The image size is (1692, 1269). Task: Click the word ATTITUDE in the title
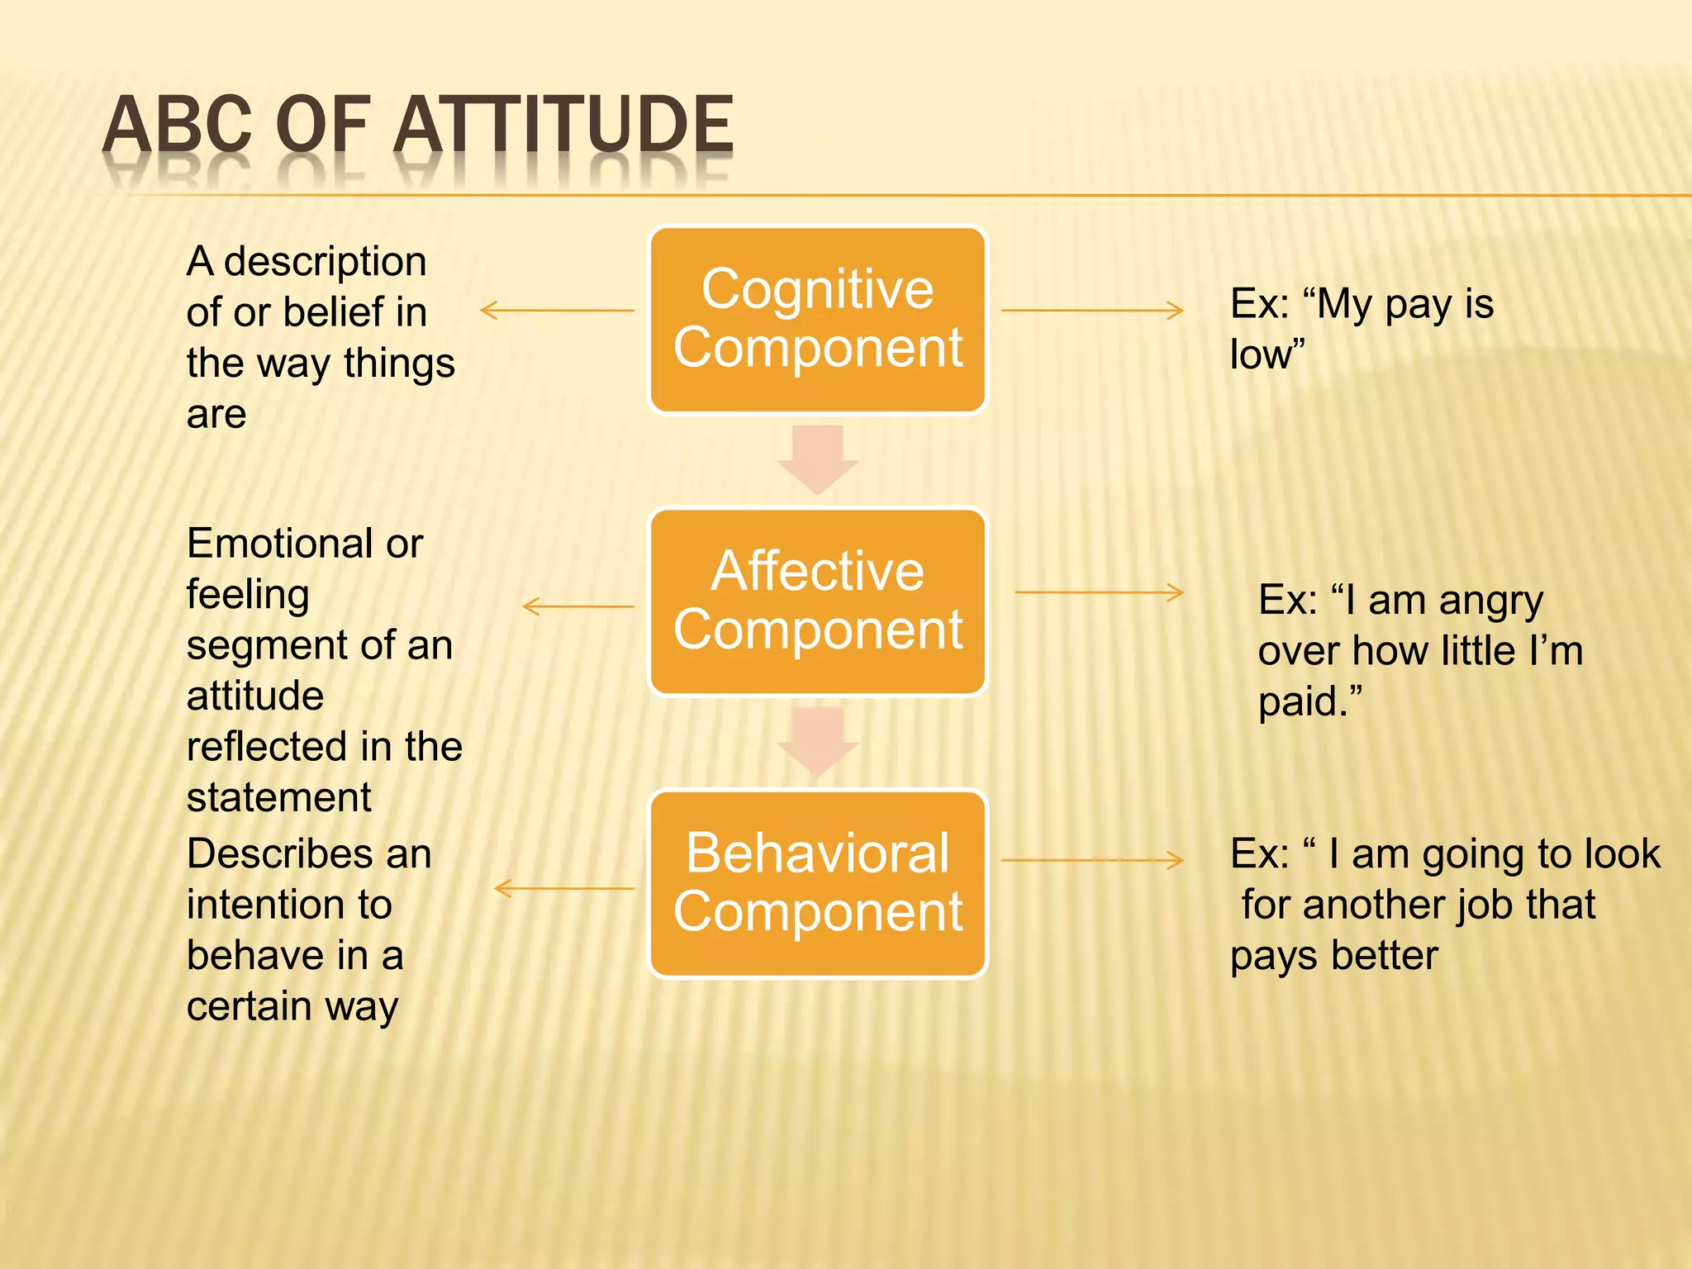(563, 126)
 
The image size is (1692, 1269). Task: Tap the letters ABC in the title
(177, 126)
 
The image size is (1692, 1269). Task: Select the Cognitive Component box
(817, 319)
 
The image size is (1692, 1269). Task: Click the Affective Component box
(817, 601)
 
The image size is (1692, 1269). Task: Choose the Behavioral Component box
(817, 883)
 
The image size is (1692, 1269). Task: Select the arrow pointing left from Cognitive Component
(557, 311)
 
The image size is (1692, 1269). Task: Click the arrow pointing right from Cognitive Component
(1091, 311)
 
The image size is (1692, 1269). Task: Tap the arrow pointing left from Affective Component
(578, 606)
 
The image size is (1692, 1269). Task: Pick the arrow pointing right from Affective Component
(1099, 592)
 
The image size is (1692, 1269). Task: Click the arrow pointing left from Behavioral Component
(564, 889)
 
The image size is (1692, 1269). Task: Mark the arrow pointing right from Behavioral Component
(1091, 861)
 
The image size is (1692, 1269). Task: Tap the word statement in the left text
(278, 798)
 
